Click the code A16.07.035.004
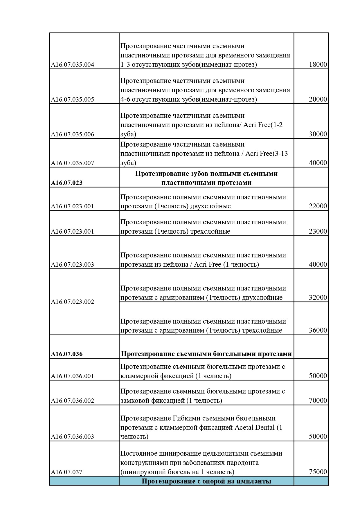coord(73,65)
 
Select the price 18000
coord(318,64)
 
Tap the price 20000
coord(318,99)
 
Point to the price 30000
coord(318,134)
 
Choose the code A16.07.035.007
coord(73,163)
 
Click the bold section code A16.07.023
coord(67,183)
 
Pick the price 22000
coord(318,206)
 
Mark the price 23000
coord(318,231)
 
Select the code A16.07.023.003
coord(73,265)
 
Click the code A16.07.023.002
coord(73,302)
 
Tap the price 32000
coord(318,297)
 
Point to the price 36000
coord(318,330)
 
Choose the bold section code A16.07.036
coord(67,354)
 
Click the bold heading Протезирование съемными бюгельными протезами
coord(206,354)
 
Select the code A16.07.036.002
coord(73,401)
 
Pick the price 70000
coord(318,400)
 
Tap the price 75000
coord(318,472)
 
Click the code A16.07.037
coord(67,472)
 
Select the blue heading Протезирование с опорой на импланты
coord(206,481)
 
